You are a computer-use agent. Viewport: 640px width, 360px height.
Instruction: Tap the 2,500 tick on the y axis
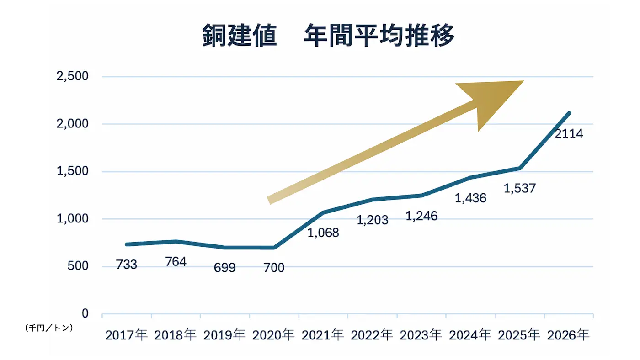[72, 76]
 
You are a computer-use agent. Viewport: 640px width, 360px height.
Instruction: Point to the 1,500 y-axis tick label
[72, 171]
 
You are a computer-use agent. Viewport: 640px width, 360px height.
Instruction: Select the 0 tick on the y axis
[85, 314]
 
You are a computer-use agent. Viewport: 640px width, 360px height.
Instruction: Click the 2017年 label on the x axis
[127, 335]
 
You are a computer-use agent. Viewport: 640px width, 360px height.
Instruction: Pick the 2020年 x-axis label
[274, 335]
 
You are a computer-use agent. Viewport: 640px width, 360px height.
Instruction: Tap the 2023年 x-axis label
[421, 335]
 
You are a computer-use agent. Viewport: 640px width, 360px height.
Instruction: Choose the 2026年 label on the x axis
[568, 335]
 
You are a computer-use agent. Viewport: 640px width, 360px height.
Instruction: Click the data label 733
[127, 265]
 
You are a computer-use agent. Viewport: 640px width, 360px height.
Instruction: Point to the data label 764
[176, 262]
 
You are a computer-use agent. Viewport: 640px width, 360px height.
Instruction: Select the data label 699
[225, 268]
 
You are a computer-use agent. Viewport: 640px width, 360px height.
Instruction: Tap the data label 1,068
[323, 233]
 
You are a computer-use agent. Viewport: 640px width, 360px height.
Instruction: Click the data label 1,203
[373, 220]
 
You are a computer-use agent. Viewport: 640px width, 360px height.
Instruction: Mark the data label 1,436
[471, 198]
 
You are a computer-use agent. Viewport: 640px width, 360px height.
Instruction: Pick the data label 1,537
[520, 188]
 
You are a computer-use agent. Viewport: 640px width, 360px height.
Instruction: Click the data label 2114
[569, 134]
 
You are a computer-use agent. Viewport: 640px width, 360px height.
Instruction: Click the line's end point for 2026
[569, 113]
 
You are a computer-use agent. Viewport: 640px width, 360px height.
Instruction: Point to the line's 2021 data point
[323, 212]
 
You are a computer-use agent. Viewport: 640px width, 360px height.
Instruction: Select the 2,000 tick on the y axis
[72, 124]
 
